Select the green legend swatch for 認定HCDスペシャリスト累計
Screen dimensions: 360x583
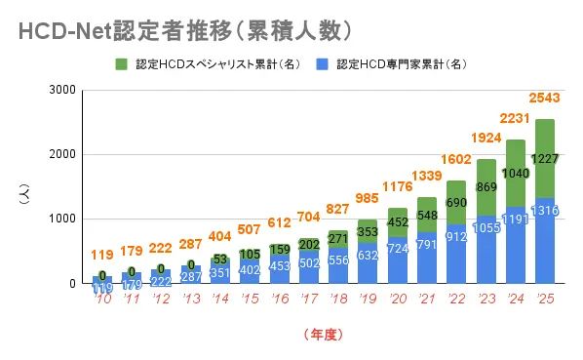122,64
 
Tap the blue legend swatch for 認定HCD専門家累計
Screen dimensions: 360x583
322,64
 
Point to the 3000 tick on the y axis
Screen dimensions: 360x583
64,90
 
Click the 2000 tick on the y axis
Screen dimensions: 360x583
64,154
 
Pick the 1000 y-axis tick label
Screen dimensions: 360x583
64,220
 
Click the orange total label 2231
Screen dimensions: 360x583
515,118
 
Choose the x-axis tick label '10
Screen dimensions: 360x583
101,300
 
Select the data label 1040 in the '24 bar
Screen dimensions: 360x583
515,173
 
